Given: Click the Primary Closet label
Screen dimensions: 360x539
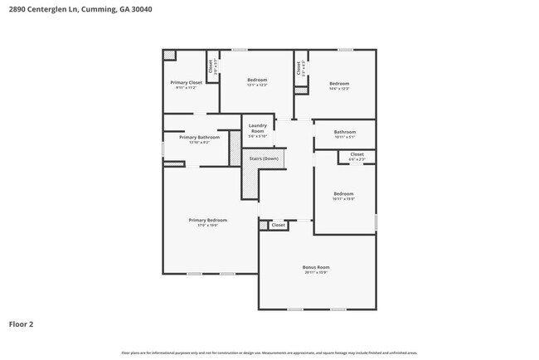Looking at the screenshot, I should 186,83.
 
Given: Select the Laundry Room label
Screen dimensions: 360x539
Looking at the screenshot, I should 257,129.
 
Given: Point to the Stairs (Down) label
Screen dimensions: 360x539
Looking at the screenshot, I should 263,158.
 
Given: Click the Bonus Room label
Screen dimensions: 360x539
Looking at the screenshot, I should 316,267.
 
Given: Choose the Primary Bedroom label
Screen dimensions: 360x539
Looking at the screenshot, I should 207,220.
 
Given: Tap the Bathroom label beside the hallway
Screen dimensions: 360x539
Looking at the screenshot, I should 345,132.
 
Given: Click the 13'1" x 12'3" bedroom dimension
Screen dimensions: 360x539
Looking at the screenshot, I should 257,85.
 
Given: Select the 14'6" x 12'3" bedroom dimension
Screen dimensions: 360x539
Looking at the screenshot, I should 339,89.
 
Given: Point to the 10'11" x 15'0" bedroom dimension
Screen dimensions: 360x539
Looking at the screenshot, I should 343,199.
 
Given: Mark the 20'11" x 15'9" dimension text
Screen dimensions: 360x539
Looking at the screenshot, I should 316,273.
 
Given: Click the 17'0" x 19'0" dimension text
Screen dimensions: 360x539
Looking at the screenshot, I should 207,226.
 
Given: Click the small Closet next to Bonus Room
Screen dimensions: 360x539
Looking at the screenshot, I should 279,225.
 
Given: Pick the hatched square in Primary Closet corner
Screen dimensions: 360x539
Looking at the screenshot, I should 169,55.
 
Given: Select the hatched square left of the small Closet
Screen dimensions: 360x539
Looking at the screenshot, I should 263,225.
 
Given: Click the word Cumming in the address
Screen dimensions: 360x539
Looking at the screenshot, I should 86,9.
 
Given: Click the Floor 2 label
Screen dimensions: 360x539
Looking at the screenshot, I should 22,324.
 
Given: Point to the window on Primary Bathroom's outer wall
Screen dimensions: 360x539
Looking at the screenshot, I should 163,148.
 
